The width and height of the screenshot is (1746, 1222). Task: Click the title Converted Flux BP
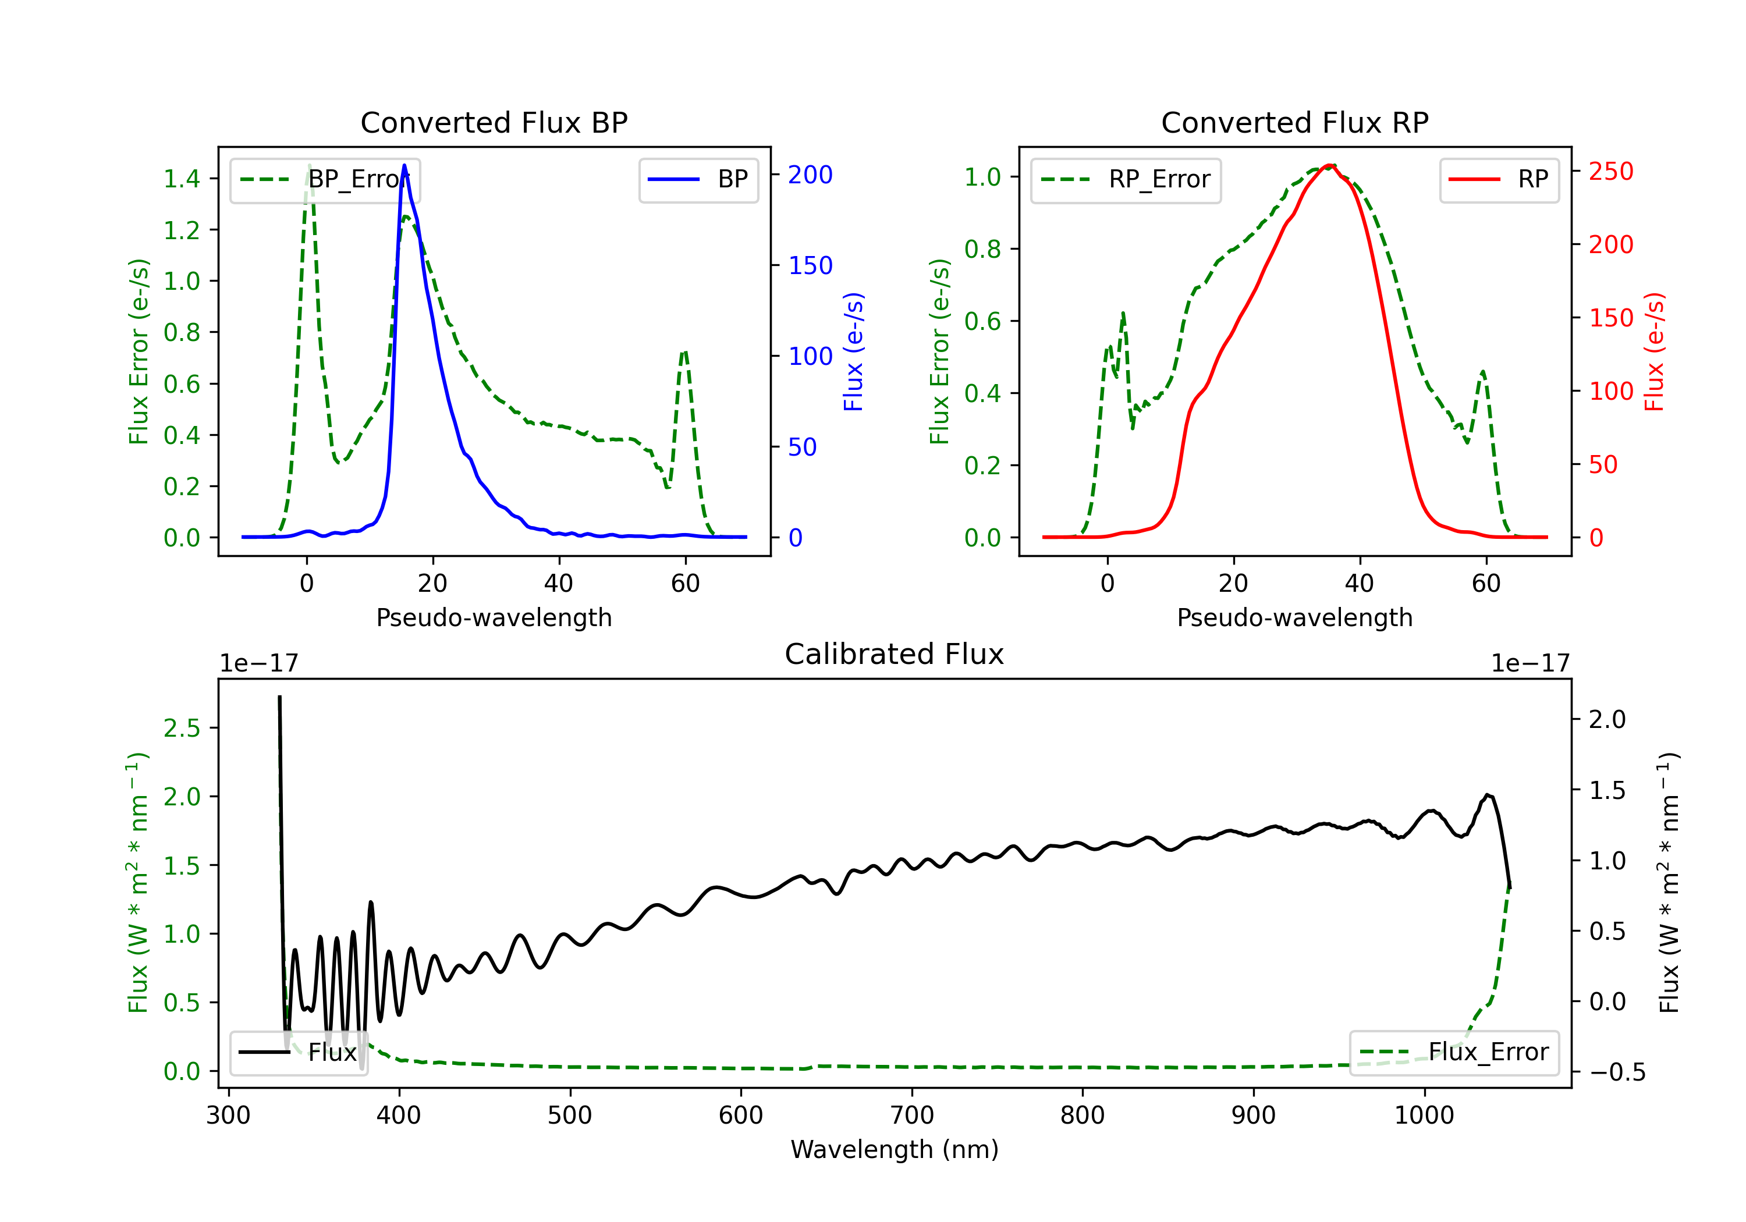[x=494, y=122]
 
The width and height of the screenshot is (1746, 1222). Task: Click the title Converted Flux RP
[x=1295, y=122]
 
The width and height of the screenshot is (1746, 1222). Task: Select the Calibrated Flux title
[x=895, y=654]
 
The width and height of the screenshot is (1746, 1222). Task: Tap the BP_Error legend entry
[x=325, y=179]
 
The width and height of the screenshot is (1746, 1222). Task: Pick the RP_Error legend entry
[x=1126, y=179]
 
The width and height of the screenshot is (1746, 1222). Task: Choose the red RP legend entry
[x=1499, y=179]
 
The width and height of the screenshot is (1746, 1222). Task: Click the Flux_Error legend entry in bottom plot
[x=1454, y=1053]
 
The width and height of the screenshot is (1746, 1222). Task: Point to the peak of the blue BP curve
[x=404, y=165]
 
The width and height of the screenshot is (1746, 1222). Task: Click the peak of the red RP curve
[x=1329, y=165]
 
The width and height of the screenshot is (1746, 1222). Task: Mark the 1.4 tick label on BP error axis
[x=182, y=179]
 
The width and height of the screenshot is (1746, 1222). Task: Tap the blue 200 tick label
[x=810, y=175]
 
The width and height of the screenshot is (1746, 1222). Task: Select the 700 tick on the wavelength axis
[x=912, y=1116]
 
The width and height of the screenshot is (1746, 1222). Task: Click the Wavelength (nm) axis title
[x=895, y=1149]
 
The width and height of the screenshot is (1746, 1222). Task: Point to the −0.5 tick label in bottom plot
[x=1617, y=1072]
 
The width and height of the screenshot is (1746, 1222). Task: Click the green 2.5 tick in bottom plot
[x=182, y=729]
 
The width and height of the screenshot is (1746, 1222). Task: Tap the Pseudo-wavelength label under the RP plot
[x=1295, y=617]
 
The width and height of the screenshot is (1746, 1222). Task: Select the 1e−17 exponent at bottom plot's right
[x=1531, y=663]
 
